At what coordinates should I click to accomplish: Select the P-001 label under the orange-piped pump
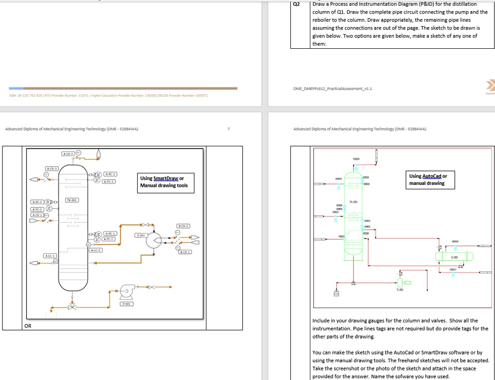(x=127, y=304)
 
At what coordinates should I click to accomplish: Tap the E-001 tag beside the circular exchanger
(x=140, y=235)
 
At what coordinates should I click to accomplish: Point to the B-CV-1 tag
(x=185, y=252)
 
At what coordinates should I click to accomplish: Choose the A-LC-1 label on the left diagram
(x=50, y=255)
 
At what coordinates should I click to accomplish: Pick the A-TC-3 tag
(x=111, y=182)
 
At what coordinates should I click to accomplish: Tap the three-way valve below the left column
(x=72, y=307)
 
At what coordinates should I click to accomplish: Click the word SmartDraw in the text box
(x=166, y=178)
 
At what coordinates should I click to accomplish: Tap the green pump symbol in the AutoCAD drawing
(x=400, y=282)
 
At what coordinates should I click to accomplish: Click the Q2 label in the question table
(x=297, y=4)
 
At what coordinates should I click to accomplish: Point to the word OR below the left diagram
(x=28, y=326)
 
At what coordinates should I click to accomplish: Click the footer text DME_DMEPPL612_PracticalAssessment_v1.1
(x=332, y=89)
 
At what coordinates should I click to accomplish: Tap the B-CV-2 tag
(x=184, y=225)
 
